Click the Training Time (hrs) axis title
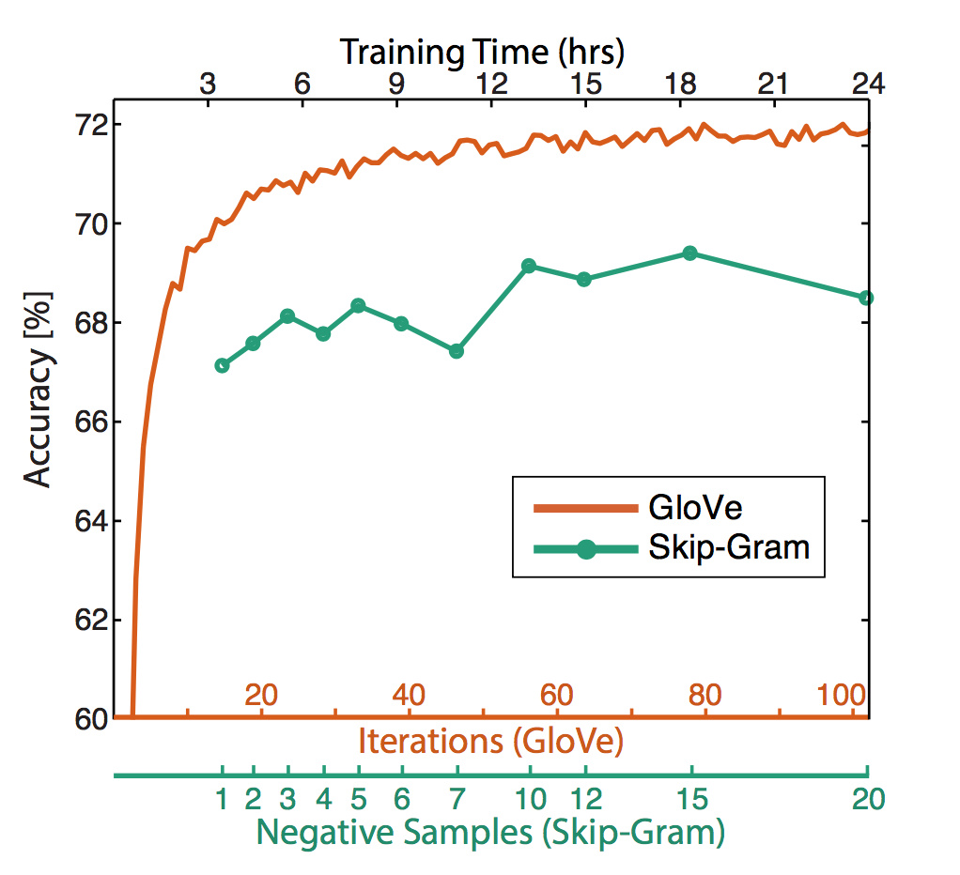click(482, 50)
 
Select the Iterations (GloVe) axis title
click(490, 742)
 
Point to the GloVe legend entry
click(695, 508)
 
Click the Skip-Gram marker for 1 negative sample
click(222, 365)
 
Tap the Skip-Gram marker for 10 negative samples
click(528, 266)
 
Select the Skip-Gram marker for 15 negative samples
click(690, 253)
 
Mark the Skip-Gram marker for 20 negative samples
click(866, 298)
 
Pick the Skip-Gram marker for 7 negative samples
click(457, 351)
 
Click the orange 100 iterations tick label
click(840, 696)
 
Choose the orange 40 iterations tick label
click(407, 696)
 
